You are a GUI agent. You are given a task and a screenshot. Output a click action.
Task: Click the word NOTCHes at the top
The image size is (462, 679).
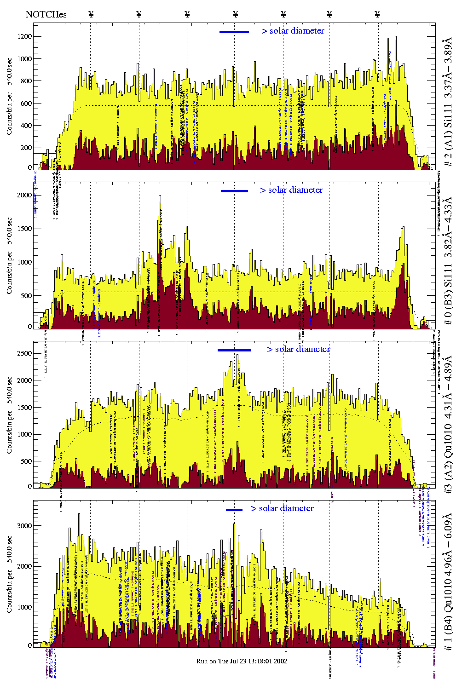46,14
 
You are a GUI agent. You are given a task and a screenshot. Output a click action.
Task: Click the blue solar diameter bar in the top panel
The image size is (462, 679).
234,32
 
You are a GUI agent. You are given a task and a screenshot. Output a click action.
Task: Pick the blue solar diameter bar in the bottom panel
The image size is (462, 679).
234,510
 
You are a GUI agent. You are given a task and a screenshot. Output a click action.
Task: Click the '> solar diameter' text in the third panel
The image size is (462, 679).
298,349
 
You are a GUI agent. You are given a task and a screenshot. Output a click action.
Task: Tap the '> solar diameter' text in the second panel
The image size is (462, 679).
291,190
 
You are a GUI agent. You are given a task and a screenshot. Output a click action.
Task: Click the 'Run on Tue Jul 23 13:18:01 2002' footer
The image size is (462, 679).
242,661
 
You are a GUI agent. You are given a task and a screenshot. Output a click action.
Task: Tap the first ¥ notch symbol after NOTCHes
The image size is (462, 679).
91,14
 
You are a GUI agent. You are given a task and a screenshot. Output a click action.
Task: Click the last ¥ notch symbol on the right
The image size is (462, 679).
377,14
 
